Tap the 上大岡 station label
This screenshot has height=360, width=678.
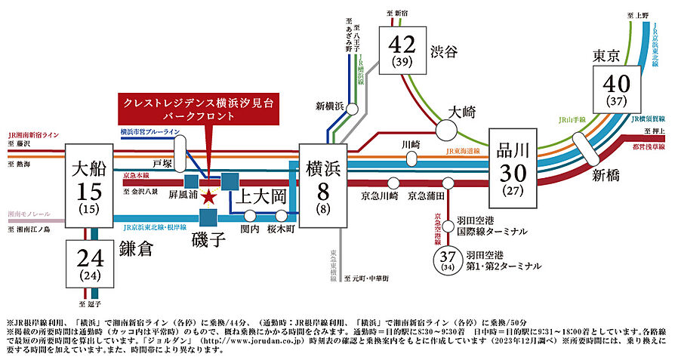tap(263, 198)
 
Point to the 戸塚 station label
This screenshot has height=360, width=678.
tap(162, 162)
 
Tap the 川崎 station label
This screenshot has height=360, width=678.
tap(410, 143)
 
